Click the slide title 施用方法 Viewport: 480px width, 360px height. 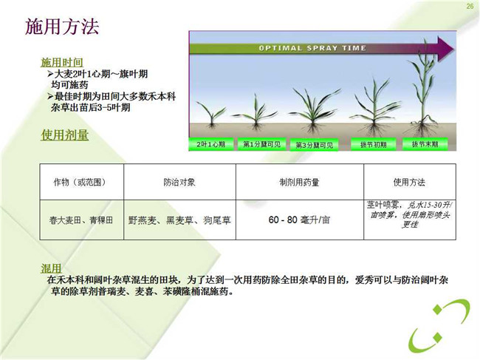point(62,27)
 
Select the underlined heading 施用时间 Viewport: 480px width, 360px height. point(62,62)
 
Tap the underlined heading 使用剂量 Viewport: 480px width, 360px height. point(65,135)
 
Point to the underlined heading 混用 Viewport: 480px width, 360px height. point(51,268)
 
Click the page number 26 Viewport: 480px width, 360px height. point(470,6)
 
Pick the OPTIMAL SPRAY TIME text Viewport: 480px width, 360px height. point(312,48)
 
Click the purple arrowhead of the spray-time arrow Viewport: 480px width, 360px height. point(445,49)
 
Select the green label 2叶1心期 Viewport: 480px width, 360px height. point(211,144)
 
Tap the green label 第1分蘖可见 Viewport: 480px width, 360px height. point(261,144)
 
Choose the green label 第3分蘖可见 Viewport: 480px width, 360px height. point(314,145)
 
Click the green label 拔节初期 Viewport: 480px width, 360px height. point(373,144)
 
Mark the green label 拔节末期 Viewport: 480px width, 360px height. point(425,144)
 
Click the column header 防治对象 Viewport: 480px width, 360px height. point(179,183)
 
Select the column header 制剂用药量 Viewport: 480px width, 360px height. point(299,183)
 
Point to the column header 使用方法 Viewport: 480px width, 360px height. point(409,183)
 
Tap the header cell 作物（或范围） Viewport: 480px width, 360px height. point(81,183)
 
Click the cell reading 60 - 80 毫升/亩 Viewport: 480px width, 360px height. point(299,220)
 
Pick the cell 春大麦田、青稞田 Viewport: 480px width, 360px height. point(81,220)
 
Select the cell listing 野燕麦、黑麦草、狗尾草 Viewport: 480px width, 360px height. point(179,220)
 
